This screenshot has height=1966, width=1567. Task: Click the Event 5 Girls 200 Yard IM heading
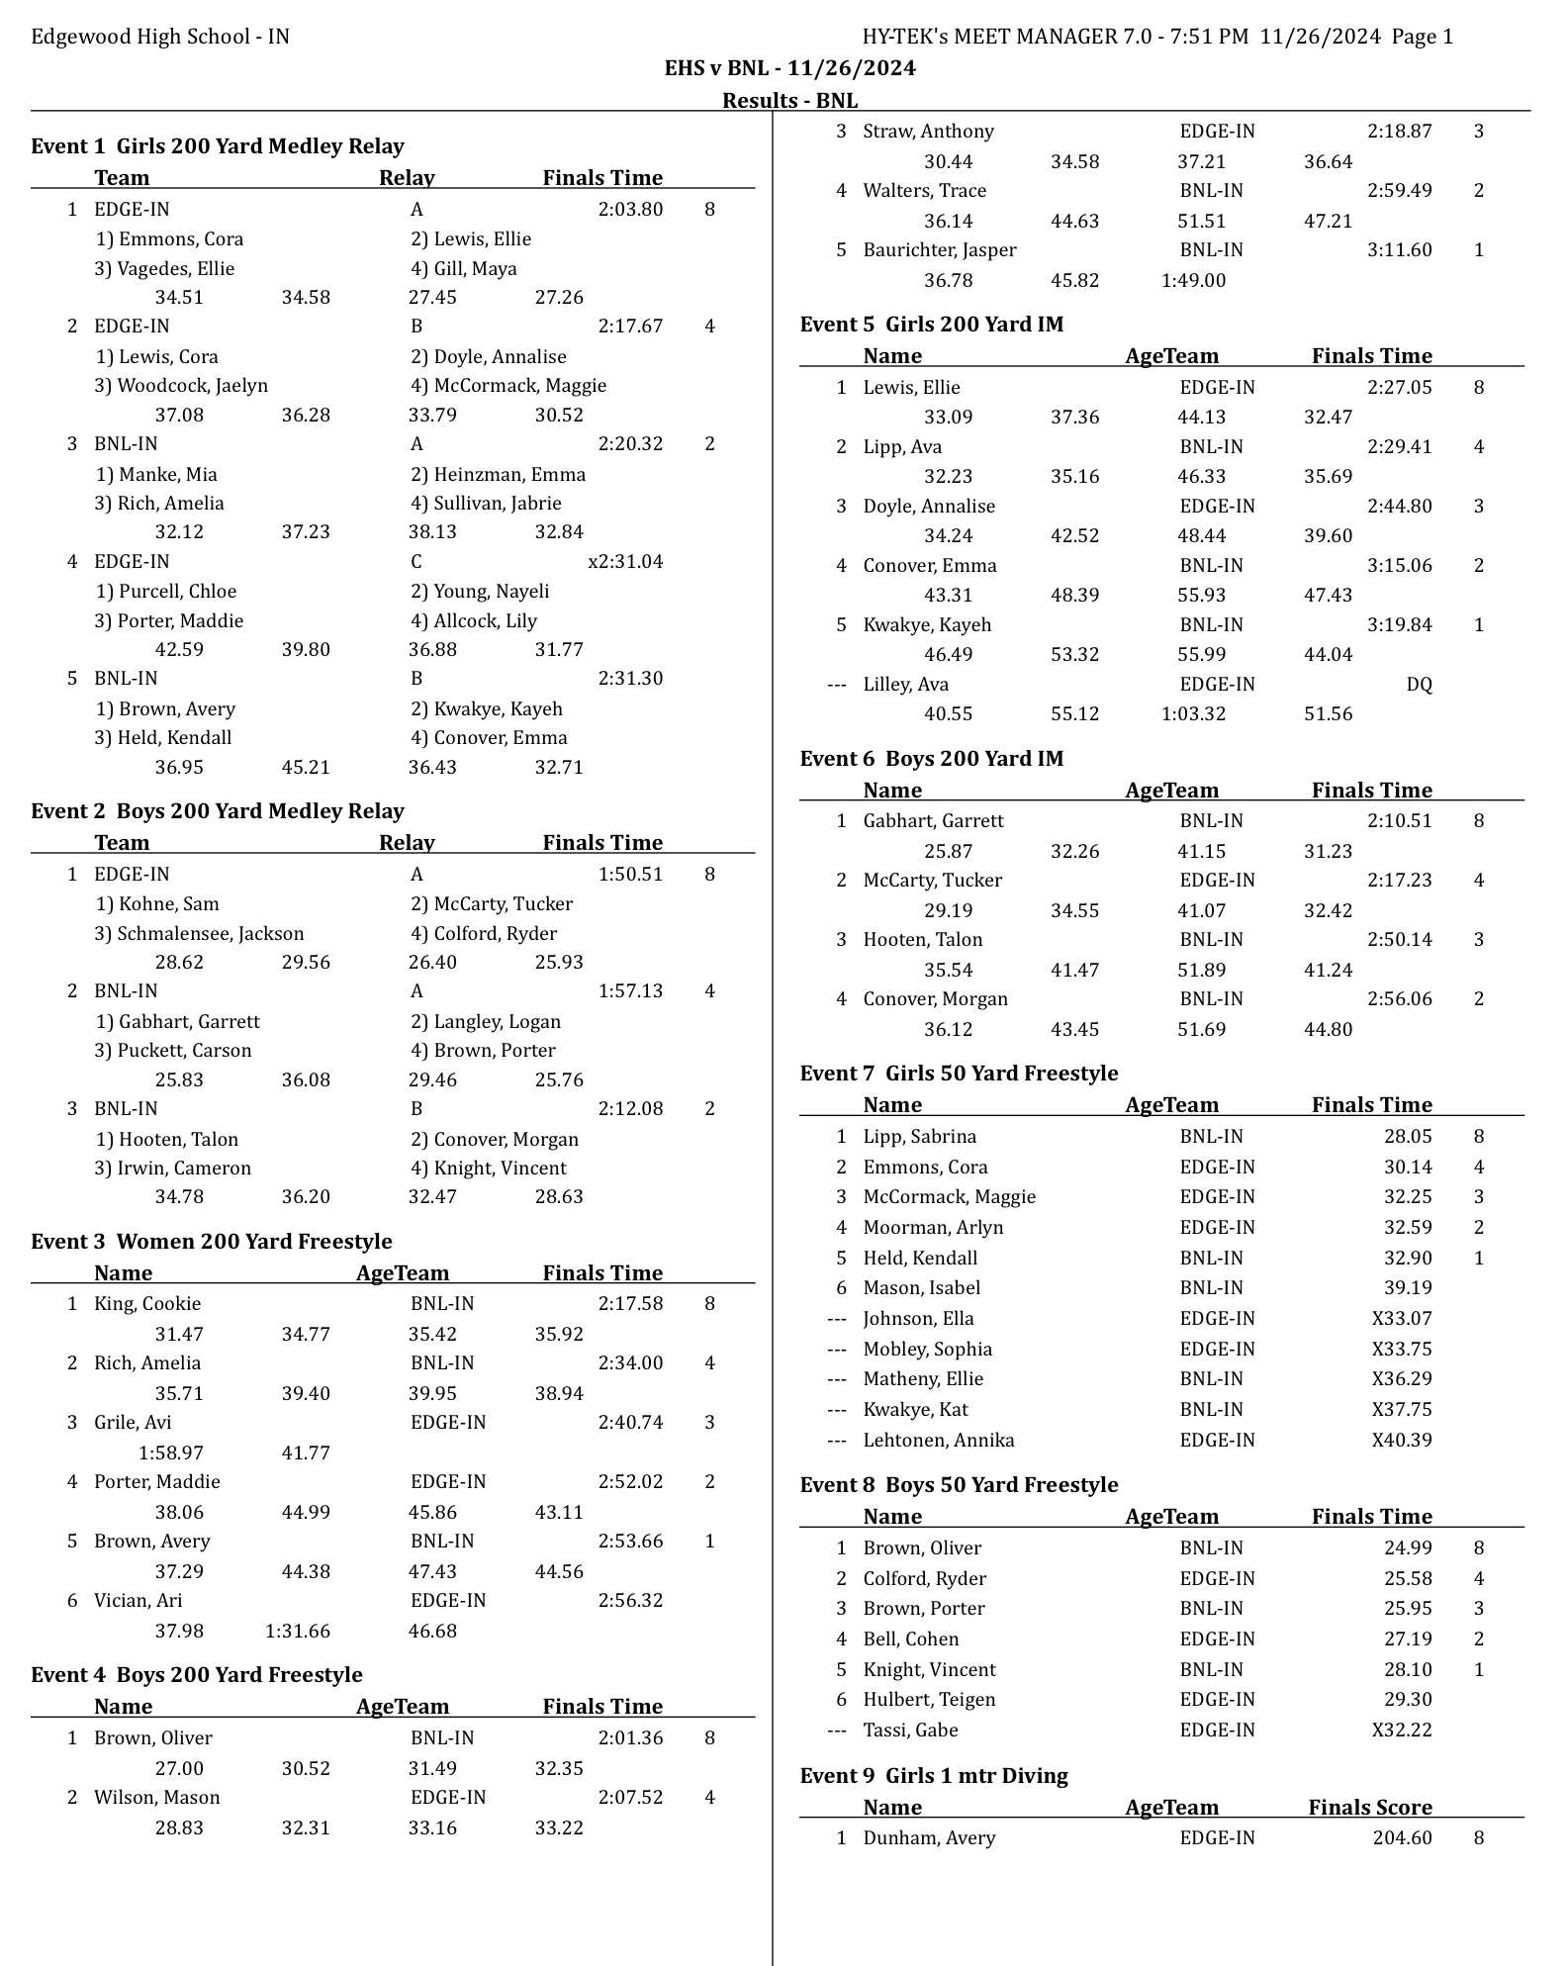(931, 325)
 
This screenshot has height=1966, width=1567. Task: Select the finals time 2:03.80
(630, 210)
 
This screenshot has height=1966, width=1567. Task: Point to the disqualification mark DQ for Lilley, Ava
(1419, 685)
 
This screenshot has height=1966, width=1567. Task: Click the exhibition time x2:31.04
(625, 562)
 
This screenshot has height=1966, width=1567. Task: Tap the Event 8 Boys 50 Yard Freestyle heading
(959, 1485)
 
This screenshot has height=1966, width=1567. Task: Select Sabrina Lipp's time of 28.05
(1408, 1137)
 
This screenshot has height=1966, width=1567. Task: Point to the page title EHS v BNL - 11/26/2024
(789, 68)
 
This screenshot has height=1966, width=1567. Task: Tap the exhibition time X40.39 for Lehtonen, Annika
(1401, 1441)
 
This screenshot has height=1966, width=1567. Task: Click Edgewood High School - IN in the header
(160, 37)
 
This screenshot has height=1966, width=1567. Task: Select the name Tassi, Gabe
(910, 1731)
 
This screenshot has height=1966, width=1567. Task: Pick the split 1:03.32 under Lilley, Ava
(1193, 714)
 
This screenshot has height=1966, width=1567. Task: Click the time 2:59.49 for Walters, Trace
(1399, 191)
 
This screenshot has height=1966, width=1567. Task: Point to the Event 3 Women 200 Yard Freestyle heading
(211, 1242)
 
